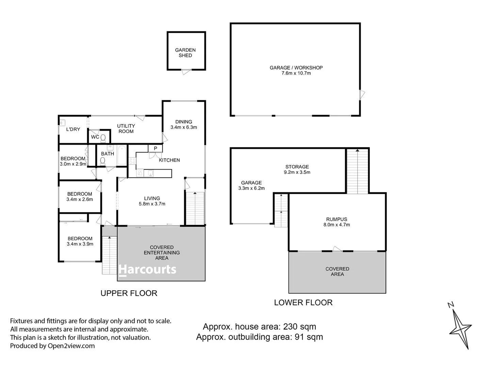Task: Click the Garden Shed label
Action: pyautogui.click(x=185, y=53)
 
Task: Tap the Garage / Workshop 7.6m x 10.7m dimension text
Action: pyautogui.click(x=296, y=73)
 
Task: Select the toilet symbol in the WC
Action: pyautogui.click(x=103, y=137)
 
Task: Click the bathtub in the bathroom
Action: pyautogui.click(x=121, y=155)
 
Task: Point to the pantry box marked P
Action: pyautogui.click(x=155, y=148)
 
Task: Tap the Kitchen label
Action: pyautogui.click(x=169, y=160)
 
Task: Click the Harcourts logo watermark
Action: pyautogui.click(x=147, y=270)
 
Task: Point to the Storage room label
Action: pyautogui.click(x=297, y=167)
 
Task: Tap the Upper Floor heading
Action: pyautogui.click(x=129, y=293)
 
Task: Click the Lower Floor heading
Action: pyautogui.click(x=303, y=302)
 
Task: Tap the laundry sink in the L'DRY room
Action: pyautogui.click(x=62, y=122)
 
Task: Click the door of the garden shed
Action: pyautogui.click(x=186, y=72)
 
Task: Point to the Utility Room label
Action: pyautogui.click(x=126, y=128)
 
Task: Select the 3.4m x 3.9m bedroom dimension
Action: pyautogui.click(x=80, y=244)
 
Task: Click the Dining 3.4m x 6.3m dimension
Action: pyautogui.click(x=183, y=127)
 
